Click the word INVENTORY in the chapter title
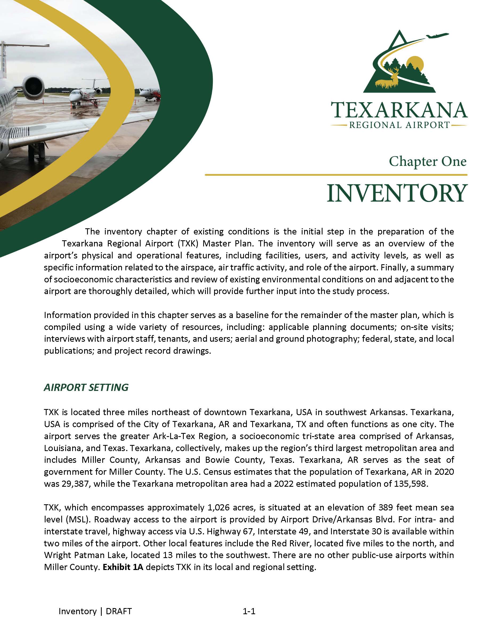(397, 193)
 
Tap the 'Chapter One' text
(427, 161)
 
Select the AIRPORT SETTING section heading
(86, 387)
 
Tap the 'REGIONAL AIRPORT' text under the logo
(399, 125)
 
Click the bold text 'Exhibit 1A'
(123, 567)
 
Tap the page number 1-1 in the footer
(249, 611)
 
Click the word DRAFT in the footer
(119, 611)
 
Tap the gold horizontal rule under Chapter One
(336, 175)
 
